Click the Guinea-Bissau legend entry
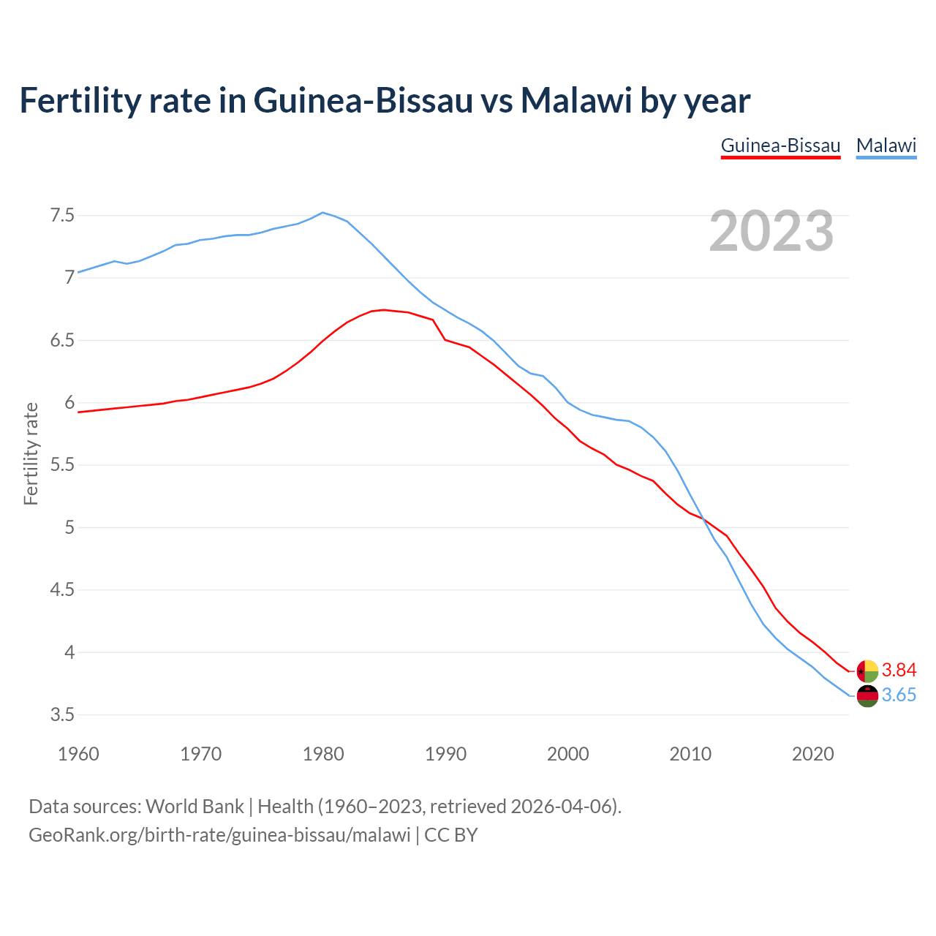(780, 146)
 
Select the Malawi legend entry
(886, 146)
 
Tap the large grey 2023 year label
(771, 231)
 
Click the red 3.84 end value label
(899, 670)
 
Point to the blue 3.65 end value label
(899, 695)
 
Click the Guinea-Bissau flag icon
(867, 671)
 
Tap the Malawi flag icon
(867, 696)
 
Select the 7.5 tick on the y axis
(62, 216)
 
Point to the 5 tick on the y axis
(69, 527)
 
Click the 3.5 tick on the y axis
(62, 714)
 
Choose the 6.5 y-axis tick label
(62, 341)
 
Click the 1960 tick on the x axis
(78, 754)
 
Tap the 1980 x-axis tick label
(323, 754)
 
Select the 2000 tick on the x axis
(567, 754)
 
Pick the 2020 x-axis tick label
(812, 754)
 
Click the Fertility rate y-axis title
(31, 453)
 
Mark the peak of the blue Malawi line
(323, 213)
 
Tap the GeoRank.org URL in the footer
(219, 835)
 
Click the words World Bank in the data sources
(195, 807)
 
